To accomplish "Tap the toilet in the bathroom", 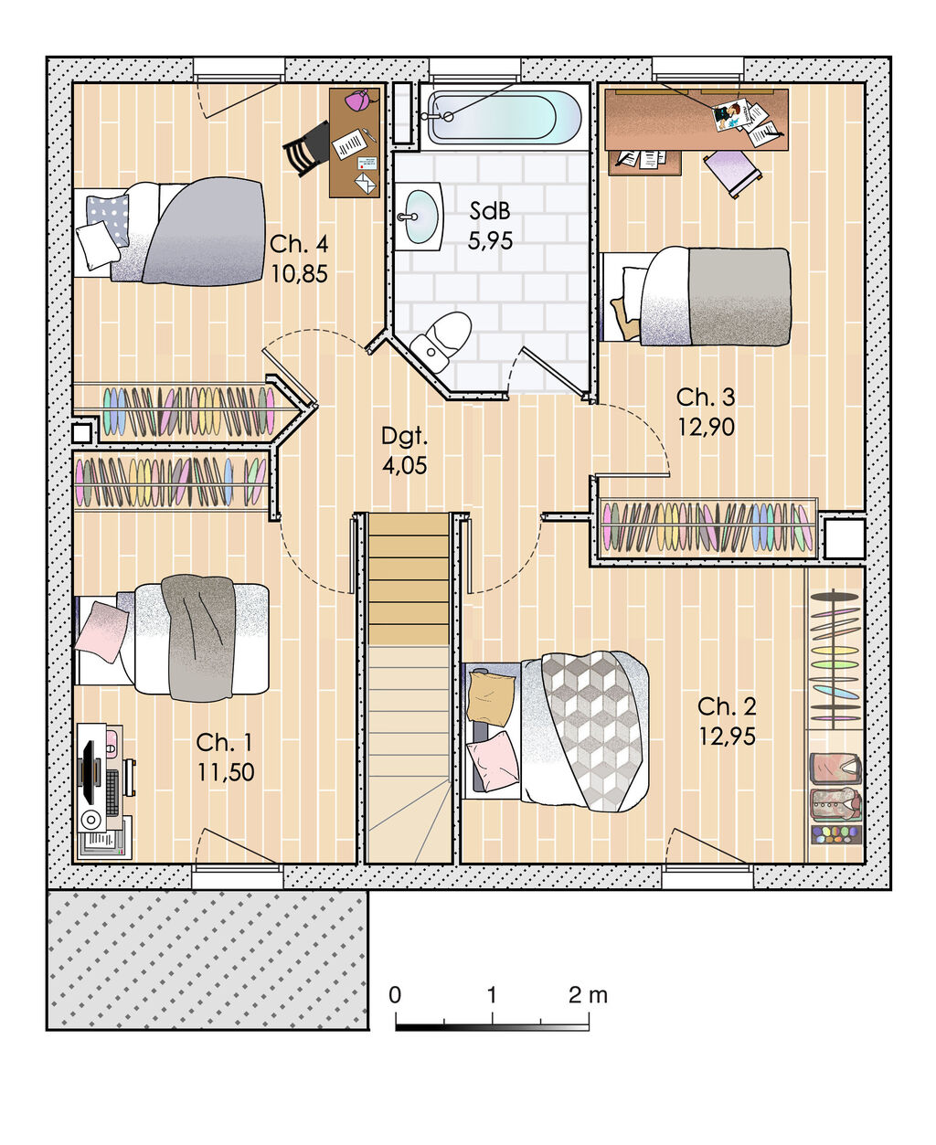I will pyautogui.click(x=441, y=341).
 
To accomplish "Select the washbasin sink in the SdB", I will pyautogui.click(x=420, y=216).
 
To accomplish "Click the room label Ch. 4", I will pyautogui.click(x=299, y=244).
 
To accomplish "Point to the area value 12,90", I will pyautogui.click(x=706, y=427).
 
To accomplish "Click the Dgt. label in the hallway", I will pyautogui.click(x=404, y=436).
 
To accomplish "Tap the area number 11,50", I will pyautogui.click(x=226, y=772).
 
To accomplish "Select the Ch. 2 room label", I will pyautogui.click(x=727, y=706).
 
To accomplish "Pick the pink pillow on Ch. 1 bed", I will pyautogui.click(x=101, y=631).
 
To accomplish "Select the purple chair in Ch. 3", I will pyautogui.click(x=732, y=171).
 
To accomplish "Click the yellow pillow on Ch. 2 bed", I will pyautogui.click(x=490, y=698).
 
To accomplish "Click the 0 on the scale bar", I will pyautogui.click(x=395, y=995).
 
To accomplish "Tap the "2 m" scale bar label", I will pyautogui.click(x=587, y=995).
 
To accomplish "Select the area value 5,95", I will pyautogui.click(x=490, y=241).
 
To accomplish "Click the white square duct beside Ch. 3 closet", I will pyautogui.click(x=844, y=539).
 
